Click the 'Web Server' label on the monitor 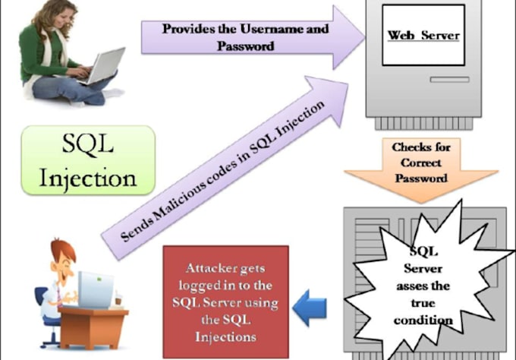(423, 36)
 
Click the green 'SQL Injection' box (88, 159)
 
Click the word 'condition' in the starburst (423, 320)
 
